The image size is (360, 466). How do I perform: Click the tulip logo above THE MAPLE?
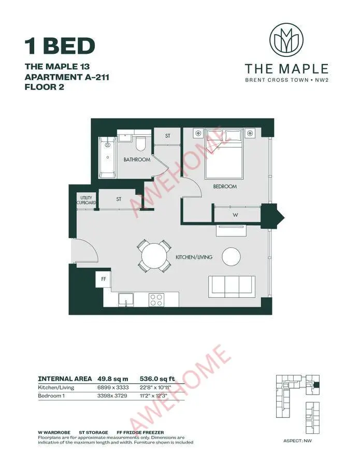[286, 41]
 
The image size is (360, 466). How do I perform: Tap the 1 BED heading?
[60, 46]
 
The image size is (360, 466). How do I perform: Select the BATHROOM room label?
[137, 159]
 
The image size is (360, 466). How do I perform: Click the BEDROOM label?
[225, 186]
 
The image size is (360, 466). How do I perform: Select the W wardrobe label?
[236, 214]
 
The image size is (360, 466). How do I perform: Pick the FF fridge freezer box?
[103, 279]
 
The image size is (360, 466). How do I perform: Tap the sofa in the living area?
[231, 285]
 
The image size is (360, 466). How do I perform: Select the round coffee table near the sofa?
[231, 256]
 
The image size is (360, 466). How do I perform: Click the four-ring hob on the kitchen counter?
[157, 299]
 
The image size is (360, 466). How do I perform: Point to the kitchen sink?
[126, 300]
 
